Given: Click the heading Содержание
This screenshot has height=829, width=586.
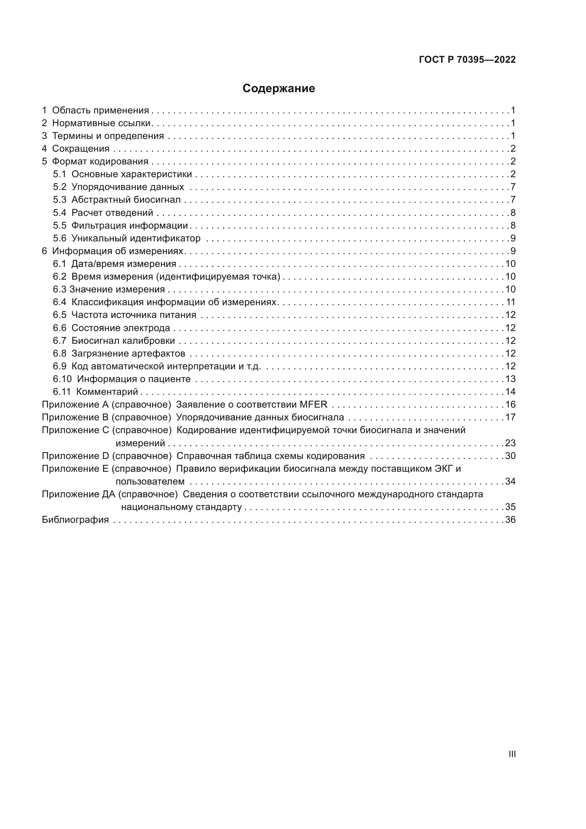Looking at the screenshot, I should click(x=278, y=89).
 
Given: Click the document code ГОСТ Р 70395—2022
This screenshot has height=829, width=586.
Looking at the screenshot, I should click(x=467, y=60).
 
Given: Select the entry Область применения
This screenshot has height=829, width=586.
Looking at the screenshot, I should click(x=100, y=111).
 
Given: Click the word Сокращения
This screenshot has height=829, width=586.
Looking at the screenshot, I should click(x=81, y=149).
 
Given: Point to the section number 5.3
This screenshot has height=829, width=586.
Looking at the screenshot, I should click(x=60, y=200).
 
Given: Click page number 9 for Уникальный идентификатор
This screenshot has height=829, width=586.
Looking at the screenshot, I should click(x=513, y=238).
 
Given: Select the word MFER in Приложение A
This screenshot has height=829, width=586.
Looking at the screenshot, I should click(x=313, y=404).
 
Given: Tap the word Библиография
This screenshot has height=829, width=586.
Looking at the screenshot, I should click(x=75, y=520).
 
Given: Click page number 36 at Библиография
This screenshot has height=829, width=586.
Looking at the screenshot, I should click(x=510, y=520).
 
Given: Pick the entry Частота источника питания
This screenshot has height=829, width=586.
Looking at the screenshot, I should click(x=134, y=315).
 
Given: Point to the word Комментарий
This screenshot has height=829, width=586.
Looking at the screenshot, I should click(x=107, y=392).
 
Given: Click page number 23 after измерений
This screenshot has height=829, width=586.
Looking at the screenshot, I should click(x=510, y=443).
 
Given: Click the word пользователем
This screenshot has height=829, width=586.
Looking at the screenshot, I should click(x=150, y=481).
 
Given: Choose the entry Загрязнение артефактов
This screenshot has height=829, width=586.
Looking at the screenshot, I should click(x=128, y=353).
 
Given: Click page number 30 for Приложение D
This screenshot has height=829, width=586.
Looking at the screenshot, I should click(x=510, y=456).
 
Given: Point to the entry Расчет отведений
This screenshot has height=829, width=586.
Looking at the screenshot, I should click(x=112, y=213).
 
